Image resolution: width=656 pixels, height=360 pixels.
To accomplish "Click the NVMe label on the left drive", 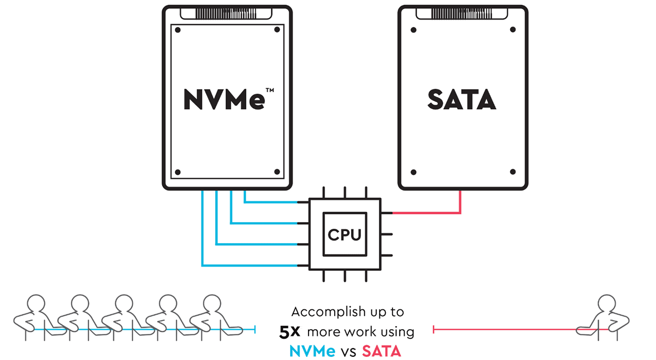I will (223, 99).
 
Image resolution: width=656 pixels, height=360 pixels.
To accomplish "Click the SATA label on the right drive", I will (461, 99).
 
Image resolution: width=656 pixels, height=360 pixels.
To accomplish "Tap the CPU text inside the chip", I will (344, 234).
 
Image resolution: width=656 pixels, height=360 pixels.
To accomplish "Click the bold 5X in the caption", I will (290, 332).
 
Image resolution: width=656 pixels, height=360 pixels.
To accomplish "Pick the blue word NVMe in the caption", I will (313, 351).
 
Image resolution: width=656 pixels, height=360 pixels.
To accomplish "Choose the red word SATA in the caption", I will (382, 351).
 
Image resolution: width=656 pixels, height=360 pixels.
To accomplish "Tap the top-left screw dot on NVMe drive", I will (178, 30).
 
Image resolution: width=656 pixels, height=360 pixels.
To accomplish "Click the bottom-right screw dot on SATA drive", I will (512, 172).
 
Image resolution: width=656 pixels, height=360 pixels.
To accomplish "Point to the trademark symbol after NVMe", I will (270, 91).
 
